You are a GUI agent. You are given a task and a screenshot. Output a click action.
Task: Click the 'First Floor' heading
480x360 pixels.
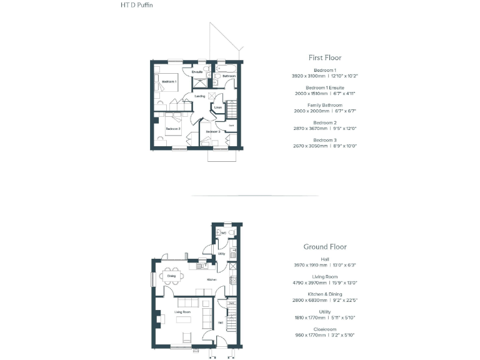324,57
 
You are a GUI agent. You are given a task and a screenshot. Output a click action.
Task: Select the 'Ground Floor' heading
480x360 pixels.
324,247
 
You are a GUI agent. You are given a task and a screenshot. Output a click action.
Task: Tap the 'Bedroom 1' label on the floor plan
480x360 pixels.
169,82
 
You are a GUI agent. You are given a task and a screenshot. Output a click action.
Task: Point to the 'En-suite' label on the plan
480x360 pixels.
197,72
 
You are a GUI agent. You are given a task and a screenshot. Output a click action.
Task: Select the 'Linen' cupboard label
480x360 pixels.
217,108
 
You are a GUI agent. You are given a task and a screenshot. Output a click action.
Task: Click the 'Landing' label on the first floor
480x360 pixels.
200,96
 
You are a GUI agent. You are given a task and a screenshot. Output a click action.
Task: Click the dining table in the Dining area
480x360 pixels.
171,276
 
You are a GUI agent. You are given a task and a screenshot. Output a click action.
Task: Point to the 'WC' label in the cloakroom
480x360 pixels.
222,233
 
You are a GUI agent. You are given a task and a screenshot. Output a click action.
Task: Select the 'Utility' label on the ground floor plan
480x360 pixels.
221,254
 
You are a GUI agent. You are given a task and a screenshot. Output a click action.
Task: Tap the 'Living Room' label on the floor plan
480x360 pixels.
182,311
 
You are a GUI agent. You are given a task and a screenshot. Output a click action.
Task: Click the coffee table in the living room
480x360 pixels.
184,321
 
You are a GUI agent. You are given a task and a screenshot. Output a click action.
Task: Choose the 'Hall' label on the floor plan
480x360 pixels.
220,322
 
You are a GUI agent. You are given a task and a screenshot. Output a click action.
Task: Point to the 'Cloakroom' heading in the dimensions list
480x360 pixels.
324,329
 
